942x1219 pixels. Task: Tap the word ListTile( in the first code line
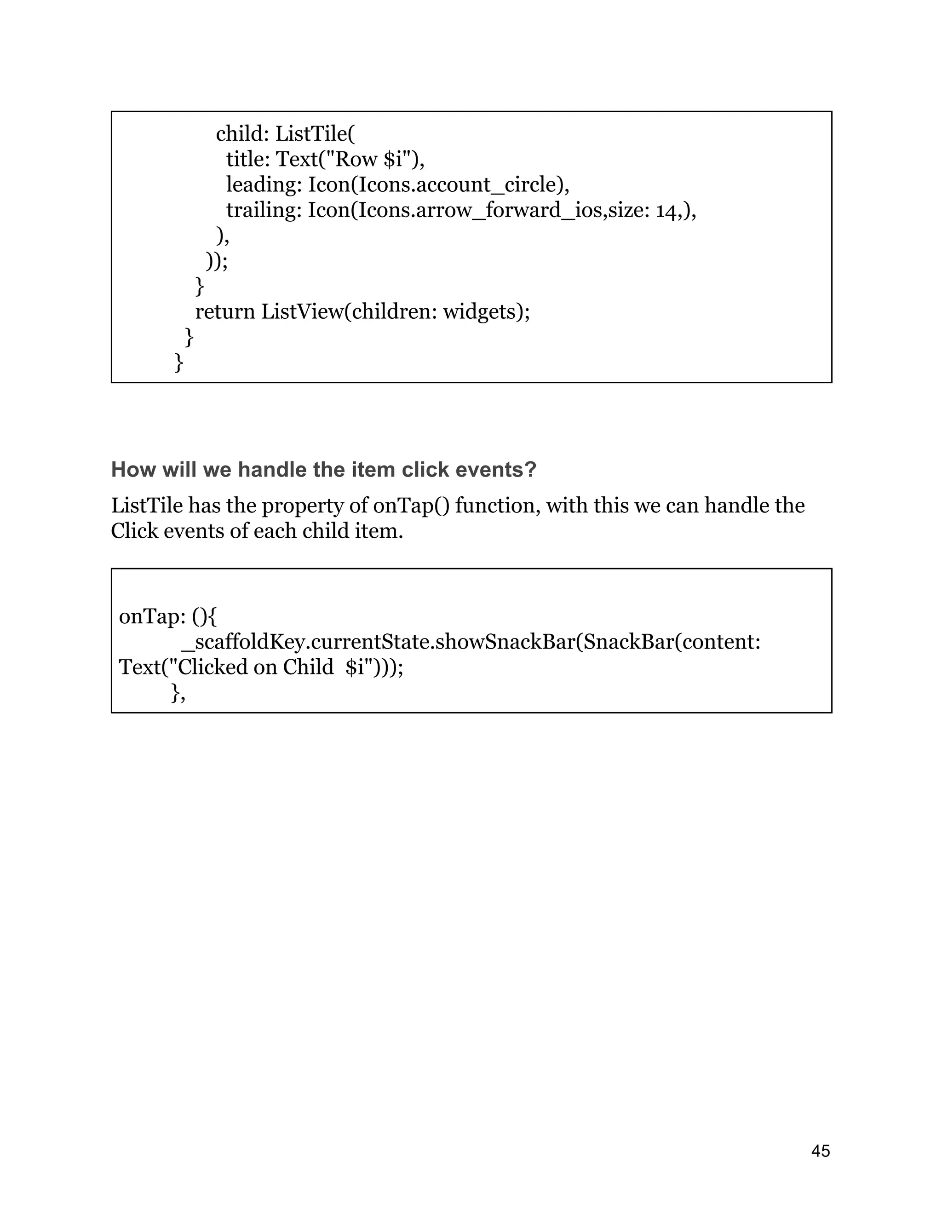click(x=315, y=134)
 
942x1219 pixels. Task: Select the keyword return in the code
click(x=225, y=311)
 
